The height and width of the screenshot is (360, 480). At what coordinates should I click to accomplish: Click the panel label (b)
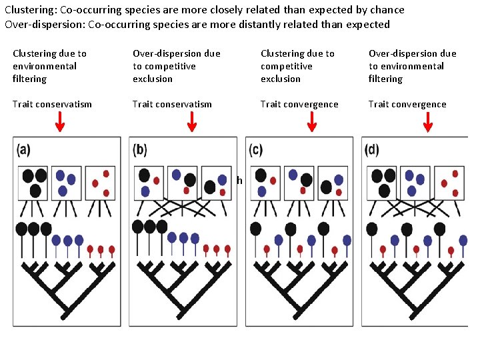[x=140, y=149]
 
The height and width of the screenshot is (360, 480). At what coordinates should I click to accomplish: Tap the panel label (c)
[x=255, y=149]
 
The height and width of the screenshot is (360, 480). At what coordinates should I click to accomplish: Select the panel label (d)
[x=371, y=149]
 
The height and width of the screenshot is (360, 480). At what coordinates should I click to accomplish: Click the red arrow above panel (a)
[x=59, y=122]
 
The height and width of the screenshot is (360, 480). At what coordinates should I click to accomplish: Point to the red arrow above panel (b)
[x=191, y=122]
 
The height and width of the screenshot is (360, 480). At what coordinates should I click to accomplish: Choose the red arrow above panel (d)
[x=428, y=122]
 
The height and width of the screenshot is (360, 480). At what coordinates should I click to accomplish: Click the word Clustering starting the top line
[x=29, y=10]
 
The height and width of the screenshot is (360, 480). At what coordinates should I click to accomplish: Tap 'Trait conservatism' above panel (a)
[x=52, y=104]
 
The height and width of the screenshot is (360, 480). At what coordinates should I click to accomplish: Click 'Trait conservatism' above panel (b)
[x=172, y=104]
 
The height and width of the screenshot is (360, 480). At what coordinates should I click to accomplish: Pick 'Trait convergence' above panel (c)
[x=299, y=104]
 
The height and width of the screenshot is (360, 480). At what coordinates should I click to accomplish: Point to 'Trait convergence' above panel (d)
[x=407, y=104]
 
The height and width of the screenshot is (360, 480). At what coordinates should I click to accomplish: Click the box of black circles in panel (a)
[x=32, y=181]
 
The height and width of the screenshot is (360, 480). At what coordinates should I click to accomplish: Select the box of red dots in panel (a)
[x=100, y=181]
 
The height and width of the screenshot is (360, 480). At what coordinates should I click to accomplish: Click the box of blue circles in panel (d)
[x=415, y=181]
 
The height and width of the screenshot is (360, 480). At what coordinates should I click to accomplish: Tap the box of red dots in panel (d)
[x=451, y=181]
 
